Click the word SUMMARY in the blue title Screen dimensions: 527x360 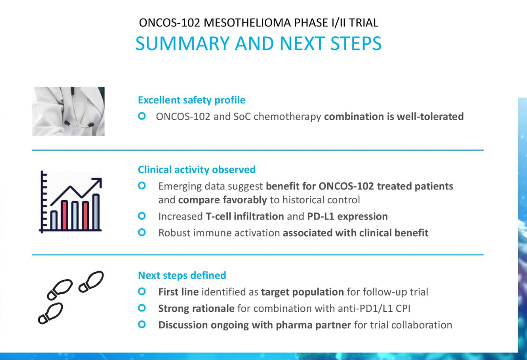click(183, 43)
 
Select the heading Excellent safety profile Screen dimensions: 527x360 click(191, 100)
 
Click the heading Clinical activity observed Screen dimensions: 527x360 click(197, 170)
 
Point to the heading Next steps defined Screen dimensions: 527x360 click(182, 275)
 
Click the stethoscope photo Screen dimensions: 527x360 click(68, 111)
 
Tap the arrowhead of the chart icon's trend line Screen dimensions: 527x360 click(97, 182)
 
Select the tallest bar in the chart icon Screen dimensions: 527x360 click(96, 212)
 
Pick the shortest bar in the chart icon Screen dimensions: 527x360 click(54, 220)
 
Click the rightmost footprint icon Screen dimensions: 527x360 click(91, 281)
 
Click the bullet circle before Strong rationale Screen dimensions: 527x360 click(142, 308)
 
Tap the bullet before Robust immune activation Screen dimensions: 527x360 click(142, 232)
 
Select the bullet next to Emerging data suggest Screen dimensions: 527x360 click(142, 186)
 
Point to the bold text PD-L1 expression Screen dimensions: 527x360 click(348, 216)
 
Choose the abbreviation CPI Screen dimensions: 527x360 click(402, 308)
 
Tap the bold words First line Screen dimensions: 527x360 click(179, 292)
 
